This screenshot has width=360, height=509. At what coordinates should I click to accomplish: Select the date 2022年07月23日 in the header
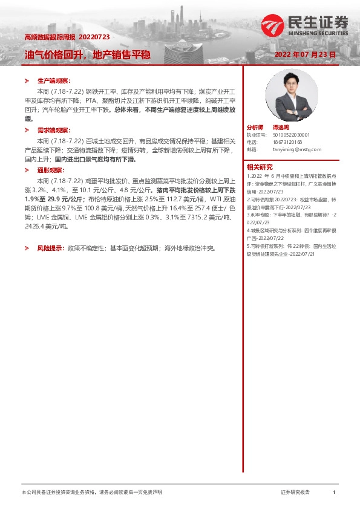tap(305, 54)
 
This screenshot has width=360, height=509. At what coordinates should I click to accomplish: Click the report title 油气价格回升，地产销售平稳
tap(87, 54)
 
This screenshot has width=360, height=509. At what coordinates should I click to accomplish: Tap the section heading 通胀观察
tap(51, 171)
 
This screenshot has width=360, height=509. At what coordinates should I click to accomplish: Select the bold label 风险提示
tap(50, 248)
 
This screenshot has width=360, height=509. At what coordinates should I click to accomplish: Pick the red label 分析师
tap(255, 128)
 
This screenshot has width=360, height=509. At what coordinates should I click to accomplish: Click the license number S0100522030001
tap(292, 135)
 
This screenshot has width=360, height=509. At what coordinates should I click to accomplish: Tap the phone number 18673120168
tap(287, 141)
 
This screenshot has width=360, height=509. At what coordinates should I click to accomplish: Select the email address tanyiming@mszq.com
tap(297, 149)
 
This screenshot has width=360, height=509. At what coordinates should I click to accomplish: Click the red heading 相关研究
tap(260, 167)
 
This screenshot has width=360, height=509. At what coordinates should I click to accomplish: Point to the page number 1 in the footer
tap(334, 493)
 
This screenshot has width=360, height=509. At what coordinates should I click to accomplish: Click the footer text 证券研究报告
tap(295, 493)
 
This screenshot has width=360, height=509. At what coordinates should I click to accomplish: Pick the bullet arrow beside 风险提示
tap(26, 248)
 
